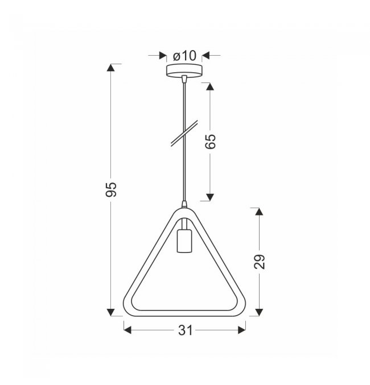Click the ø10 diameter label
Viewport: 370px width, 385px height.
[184, 56]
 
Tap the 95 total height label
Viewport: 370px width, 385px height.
[111, 189]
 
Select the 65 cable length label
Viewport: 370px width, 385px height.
[210, 142]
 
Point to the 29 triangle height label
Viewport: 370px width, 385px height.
[260, 262]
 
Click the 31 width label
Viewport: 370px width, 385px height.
[186, 330]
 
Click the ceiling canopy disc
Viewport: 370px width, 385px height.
[184, 71]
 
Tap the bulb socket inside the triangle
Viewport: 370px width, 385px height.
[184, 241]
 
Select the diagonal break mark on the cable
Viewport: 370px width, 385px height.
[184, 134]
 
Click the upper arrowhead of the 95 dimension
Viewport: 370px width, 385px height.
[111, 68]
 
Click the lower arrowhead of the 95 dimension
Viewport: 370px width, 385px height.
[111, 312]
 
